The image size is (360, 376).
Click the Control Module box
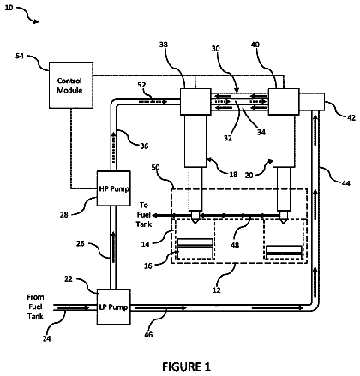[71, 85]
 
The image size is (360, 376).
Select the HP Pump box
[114, 188]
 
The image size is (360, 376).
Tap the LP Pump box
[114, 307]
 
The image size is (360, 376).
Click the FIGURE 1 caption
[186, 367]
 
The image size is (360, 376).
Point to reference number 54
[20, 56]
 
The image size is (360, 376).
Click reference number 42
[351, 117]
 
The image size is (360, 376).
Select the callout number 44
[346, 183]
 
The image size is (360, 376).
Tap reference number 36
[144, 146]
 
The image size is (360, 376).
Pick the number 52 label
[141, 85]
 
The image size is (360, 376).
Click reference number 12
[217, 290]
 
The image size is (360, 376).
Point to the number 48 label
[235, 245]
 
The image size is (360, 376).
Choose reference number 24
[47, 338]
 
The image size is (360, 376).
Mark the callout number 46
[148, 335]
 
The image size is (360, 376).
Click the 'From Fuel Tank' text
[35, 307]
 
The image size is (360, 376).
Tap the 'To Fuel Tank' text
[144, 215]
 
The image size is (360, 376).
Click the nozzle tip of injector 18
[195, 223]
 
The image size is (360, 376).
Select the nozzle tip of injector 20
[284, 223]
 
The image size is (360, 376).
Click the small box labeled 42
[312, 102]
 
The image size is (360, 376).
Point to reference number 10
[9, 8]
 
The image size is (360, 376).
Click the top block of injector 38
[195, 102]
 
